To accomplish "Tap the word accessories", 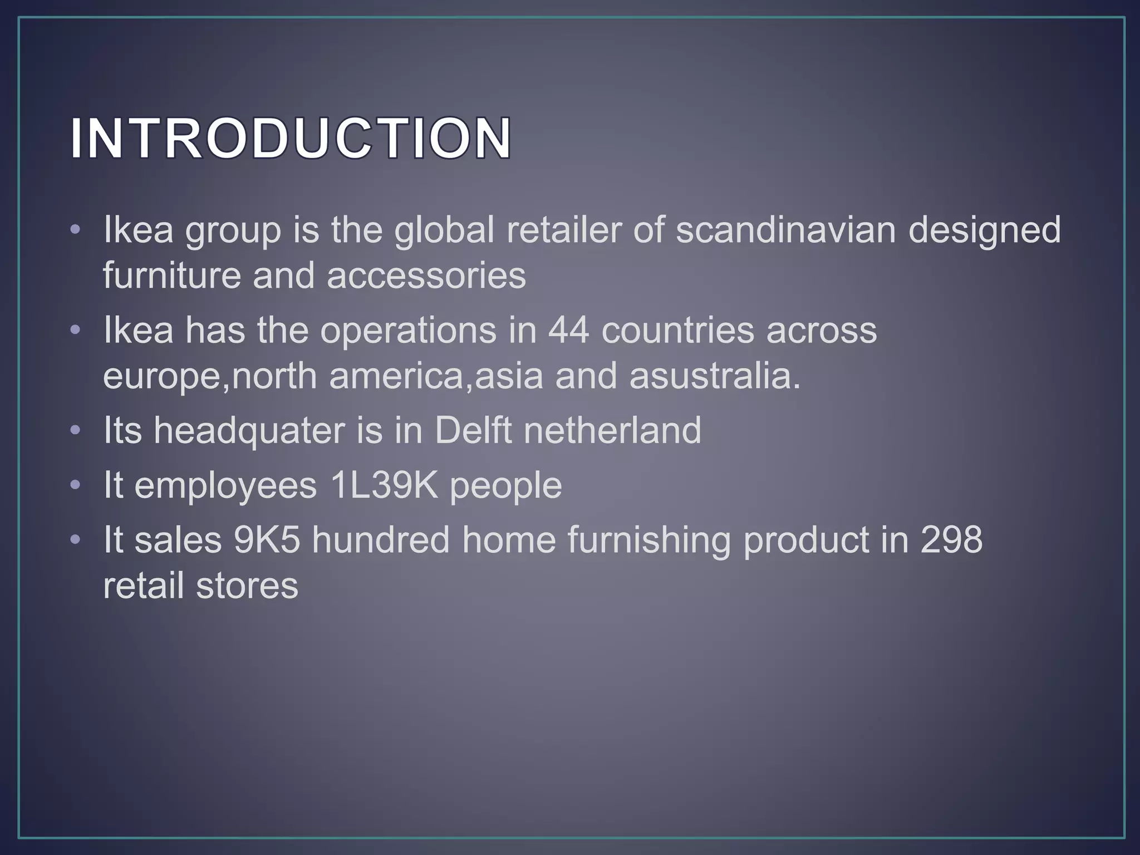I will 426,276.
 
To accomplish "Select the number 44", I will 568,330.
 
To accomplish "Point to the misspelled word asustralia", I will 715,376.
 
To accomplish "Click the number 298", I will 951,540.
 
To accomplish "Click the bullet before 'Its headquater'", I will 76,431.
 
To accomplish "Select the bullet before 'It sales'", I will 76,540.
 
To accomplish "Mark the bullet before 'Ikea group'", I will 76,230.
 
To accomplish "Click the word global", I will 444,230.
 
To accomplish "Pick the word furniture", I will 171,276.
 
